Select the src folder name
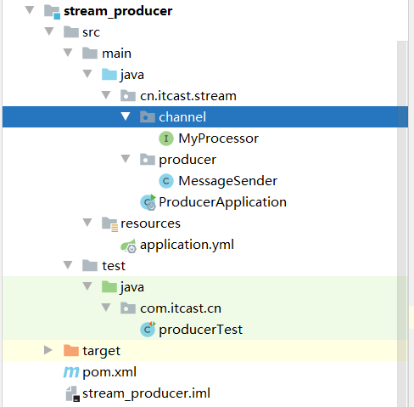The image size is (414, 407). coord(92,32)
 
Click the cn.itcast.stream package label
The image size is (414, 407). coord(188,96)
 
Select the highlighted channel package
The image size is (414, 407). coord(182,116)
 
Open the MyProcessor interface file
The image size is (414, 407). coord(218,138)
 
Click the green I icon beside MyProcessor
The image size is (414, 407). coord(166,138)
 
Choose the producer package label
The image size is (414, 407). coord(187,159)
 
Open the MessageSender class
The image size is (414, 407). coord(227,180)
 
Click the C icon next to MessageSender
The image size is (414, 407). coord(166,180)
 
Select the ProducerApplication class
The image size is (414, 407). coord(222,202)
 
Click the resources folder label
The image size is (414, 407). coord(150,223)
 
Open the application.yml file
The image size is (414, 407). coord(187,245)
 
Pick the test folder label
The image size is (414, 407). coord(113,266)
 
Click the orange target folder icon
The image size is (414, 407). coord(71,350)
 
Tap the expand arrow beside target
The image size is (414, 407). coord(48,350)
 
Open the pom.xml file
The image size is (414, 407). coord(109,372)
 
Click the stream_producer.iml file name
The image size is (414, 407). coord(146,393)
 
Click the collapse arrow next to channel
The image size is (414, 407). coord(125,116)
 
